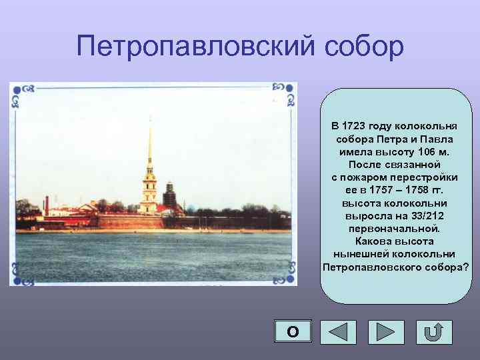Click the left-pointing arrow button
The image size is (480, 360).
[x=338, y=331]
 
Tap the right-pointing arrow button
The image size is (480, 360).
[x=386, y=331]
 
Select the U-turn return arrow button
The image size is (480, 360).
[x=434, y=331]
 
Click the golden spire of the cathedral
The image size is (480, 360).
[x=149, y=143]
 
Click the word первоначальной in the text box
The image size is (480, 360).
[x=395, y=228]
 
